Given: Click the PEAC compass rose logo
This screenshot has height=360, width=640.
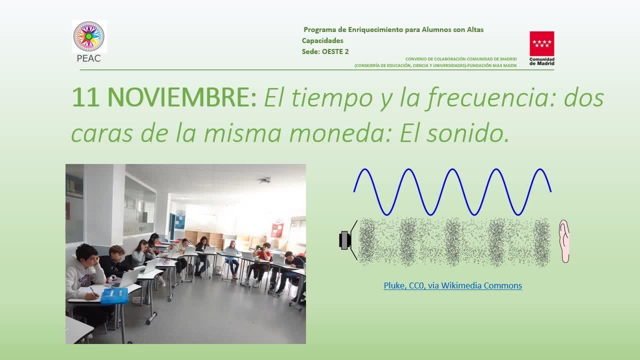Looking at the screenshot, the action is coord(89,36).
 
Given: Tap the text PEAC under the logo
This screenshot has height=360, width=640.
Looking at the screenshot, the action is coord(88,58).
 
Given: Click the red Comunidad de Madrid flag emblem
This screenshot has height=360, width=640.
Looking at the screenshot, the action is coord(541,43).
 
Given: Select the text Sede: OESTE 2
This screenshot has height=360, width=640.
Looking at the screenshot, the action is coord(325,51).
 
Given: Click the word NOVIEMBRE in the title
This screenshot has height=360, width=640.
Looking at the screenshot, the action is coord(182,97).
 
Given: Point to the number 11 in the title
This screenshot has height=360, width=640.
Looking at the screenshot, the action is coord(85,97).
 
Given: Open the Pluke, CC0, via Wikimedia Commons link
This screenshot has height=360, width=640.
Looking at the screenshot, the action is coord(452,285).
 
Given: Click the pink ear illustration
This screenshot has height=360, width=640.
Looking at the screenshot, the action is coord(564,241).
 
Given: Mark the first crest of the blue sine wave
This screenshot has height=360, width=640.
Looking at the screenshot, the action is coord(364,169).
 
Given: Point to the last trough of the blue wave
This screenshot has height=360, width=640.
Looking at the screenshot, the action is coord(517,214).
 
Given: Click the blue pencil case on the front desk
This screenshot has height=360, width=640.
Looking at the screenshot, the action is coord(114,296).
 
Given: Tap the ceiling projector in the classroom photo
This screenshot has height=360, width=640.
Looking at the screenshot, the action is coord(265,180).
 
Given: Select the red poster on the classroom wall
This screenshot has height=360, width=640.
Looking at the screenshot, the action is coord(276,229).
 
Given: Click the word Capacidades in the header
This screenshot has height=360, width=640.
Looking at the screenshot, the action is coord(322,40).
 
